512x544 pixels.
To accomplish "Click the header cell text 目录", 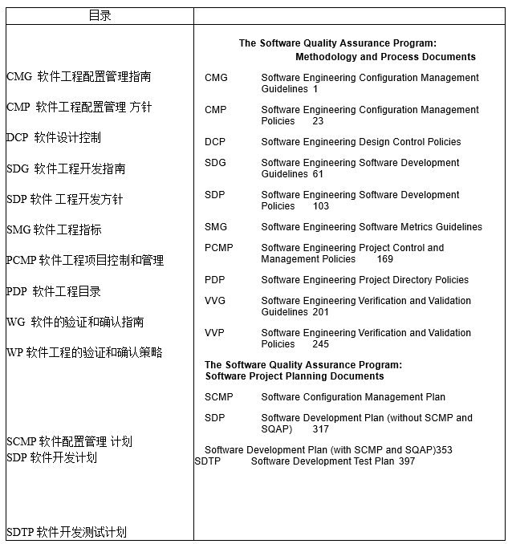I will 100,15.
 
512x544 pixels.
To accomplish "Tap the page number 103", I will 321,206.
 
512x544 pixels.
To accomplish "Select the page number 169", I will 385,259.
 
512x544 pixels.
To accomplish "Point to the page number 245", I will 321,344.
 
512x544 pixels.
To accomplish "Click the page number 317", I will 321,429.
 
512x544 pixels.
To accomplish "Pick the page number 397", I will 407,461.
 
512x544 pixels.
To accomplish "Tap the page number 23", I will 319,121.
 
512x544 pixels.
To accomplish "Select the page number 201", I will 321,312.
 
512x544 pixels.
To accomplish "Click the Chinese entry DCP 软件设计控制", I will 54,138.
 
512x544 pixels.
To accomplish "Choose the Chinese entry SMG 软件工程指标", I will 54,229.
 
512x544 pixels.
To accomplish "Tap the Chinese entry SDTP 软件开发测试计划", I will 67,532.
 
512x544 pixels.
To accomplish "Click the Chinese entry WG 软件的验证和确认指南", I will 75,322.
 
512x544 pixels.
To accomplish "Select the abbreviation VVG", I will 216,301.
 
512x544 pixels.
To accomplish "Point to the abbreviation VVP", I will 215,333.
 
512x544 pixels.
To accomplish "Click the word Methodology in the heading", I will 326,57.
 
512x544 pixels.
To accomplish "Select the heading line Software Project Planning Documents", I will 295,376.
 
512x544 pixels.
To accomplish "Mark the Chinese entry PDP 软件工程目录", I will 54,291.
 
